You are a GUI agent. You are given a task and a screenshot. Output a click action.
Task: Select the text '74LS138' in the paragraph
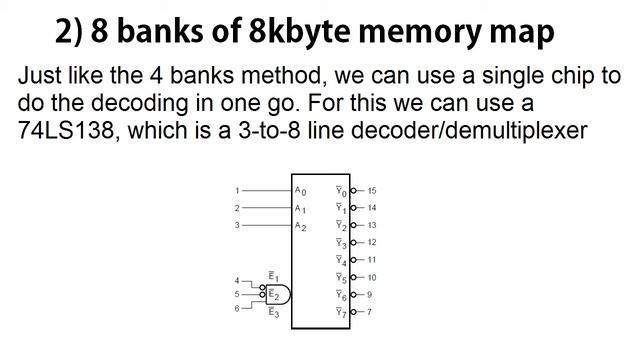click(x=62, y=130)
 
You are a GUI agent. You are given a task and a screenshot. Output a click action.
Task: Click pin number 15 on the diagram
click(x=371, y=190)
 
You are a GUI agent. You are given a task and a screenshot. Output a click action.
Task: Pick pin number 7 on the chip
click(x=369, y=312)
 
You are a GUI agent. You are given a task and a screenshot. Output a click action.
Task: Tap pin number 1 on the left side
click(x=237, y=190)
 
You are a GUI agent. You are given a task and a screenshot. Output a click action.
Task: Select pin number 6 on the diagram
click(x=237, y=308)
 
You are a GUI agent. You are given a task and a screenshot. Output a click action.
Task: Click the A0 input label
click(x=300, y=190)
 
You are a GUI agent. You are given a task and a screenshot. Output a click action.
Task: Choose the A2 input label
click(x=300, y=225)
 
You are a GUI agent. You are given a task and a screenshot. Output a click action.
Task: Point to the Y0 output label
click(x=341, y=190)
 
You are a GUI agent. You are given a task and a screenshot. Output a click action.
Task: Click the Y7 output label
click(x=341, y=312)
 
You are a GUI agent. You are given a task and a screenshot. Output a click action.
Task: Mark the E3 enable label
click(x=273, y=312)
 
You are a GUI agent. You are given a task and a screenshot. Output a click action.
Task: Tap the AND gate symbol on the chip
click(x=279, y=294)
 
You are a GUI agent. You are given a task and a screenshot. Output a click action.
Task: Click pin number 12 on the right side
click(x=371, y=242)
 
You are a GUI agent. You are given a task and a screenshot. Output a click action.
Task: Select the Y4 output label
click(x=341, y=260)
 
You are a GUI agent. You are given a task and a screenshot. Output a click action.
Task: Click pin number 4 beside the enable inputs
click(x=237, y=281)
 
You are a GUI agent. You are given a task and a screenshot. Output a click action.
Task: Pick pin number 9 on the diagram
click(x=369, y=295)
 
